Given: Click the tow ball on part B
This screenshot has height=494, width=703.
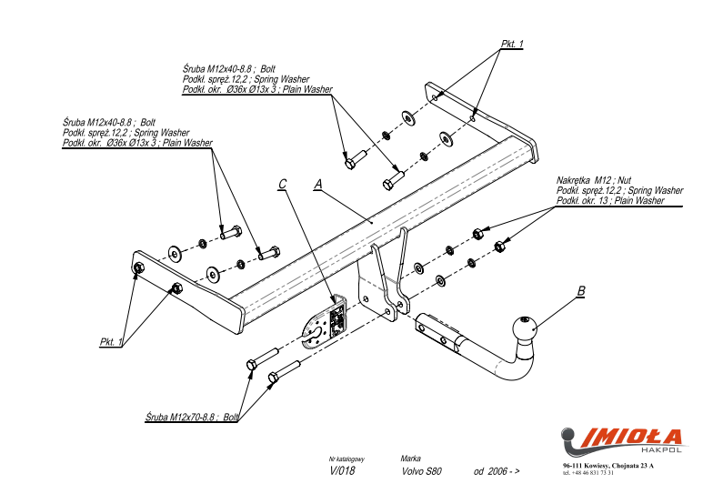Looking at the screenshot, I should coord(525,328).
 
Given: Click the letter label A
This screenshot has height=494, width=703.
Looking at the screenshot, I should coord(317,184).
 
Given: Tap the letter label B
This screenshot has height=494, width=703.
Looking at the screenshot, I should coord(580,291).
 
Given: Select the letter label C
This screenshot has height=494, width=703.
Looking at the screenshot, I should coord(283,184).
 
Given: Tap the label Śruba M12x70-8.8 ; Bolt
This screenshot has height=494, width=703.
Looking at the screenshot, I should coord(191,417).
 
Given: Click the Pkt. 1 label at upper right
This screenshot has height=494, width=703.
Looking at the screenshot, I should coord(512,44).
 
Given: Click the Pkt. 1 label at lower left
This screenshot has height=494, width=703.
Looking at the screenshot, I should coord(111,341).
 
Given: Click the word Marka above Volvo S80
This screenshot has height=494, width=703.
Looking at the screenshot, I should coord(410,459).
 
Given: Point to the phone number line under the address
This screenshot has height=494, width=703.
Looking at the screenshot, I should coord(588,473).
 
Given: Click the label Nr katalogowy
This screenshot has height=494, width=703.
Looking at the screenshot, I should coord(346,459).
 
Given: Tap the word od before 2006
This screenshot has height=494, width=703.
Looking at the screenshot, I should coord(478,472).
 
